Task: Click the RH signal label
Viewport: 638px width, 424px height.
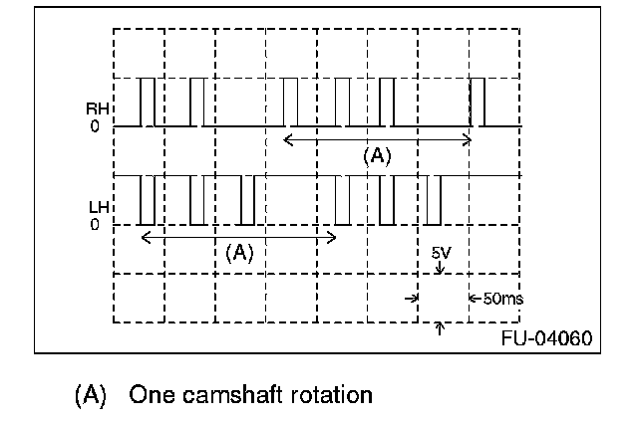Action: [x=97, y=110]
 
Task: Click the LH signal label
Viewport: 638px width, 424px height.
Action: [x=97, y=207]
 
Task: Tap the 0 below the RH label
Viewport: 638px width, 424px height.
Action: [x=95, y=127]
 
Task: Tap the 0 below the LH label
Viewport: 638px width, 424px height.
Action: [x=95, y=225]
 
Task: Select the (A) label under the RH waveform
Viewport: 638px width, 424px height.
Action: [x=375, y=155]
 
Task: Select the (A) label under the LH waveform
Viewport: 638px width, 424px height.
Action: [x=238, y=252]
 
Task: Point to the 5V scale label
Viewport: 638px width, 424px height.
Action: [x=440, y=254]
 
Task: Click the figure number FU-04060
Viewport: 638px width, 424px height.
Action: [x=546, y=337]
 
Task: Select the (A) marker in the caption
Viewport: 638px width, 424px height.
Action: [x=91, y=394]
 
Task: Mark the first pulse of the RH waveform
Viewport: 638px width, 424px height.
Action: [x=147, y=103]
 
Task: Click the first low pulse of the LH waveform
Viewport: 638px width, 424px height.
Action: [x=147, y=200]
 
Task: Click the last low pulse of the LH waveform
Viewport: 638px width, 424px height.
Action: [x=434, y=200]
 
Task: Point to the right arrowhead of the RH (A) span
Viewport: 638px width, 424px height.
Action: [x=468, y=140]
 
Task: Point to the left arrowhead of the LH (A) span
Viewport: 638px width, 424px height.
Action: [x=146, y=237]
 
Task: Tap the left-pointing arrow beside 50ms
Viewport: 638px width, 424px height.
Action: [x=473, y=298]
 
